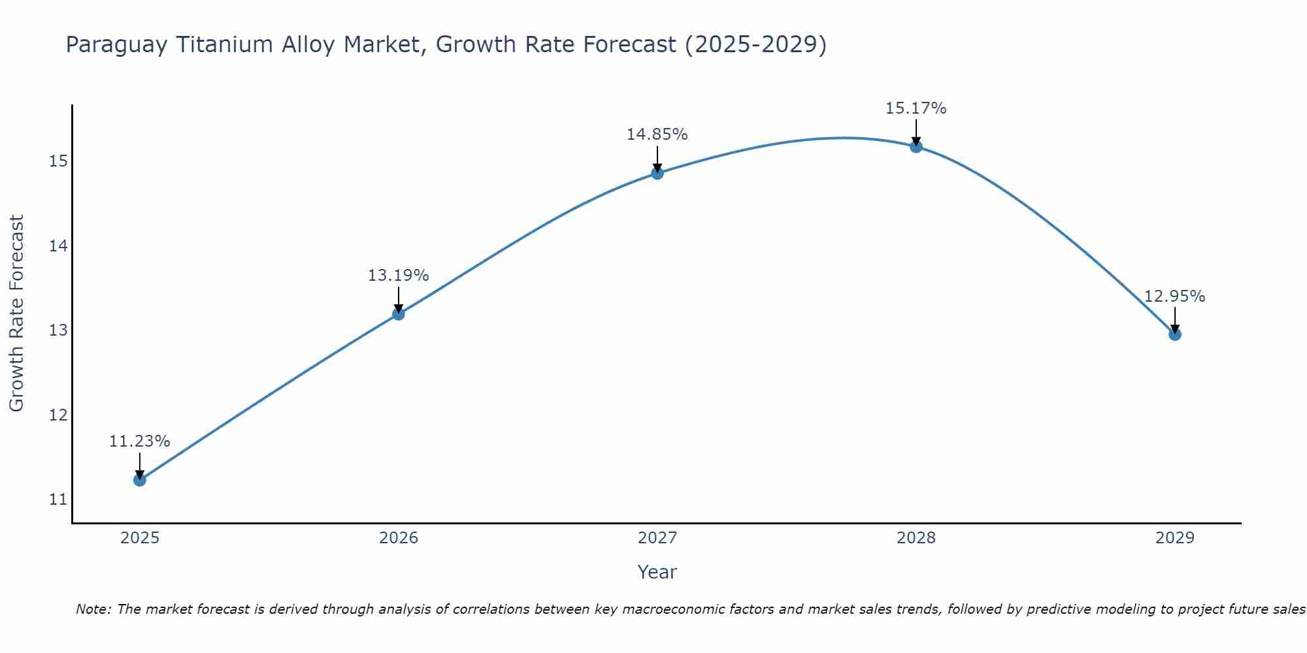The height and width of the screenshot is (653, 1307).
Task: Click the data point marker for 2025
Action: (x=139, y=480)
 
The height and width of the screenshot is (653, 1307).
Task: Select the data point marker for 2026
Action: (x=398, y=314)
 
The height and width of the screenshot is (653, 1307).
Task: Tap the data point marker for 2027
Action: (x=657, y=173)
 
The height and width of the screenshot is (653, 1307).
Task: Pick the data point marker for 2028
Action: (x=916, y=146)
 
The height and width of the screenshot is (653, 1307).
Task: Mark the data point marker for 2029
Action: (x=1175, y=334)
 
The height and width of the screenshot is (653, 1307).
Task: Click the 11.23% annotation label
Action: (x=139, y=441)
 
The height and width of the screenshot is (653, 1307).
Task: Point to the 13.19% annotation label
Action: (x=398, y=276)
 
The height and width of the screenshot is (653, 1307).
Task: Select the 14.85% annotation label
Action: (x=657, y=135)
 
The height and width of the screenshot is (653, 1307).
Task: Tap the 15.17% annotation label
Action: (x=916, y=108)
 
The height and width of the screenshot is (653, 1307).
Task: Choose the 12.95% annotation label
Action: (x=1175, y=296)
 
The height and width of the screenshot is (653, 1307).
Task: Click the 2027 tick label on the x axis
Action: (x=657, y=538)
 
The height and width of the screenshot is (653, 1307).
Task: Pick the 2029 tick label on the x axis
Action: (x=1175, y=538)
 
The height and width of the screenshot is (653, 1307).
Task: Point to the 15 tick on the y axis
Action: (x=58, y=161)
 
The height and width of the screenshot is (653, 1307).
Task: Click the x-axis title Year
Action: (x=657, y=572)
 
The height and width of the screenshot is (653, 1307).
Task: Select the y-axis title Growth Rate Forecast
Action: (x=16, y=313)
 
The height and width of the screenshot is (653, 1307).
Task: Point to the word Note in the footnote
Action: (x=93, y=609)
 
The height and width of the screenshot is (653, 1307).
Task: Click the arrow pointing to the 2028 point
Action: (x=916, y=133)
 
